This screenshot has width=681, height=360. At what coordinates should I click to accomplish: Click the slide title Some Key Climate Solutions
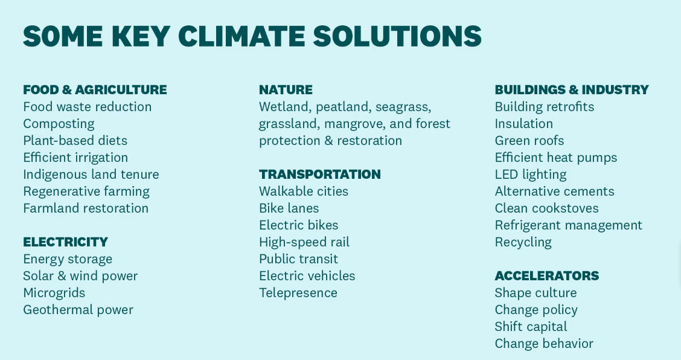click(252, 36)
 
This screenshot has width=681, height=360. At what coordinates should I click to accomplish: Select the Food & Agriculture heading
click(95, 89)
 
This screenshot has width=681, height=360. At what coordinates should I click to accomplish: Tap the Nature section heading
click(286, 89)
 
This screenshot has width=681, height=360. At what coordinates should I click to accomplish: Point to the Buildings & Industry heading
click(572, 89)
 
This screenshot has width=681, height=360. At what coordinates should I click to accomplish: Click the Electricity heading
click(66, 242)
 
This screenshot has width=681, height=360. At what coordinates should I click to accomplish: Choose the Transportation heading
click(319, 175)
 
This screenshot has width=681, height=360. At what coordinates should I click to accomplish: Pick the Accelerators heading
click(547, 275)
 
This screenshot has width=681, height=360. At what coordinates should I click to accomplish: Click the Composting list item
click(59, 124)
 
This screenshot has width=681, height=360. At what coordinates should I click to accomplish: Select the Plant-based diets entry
click(75, 140)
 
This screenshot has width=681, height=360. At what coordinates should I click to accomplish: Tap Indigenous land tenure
click(91, 175)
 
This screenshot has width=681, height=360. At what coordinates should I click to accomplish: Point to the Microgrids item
click(54, 293)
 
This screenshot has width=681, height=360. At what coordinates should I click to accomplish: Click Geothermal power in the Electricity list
click(78, 310)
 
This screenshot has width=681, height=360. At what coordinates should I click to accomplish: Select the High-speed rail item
click(304, 242)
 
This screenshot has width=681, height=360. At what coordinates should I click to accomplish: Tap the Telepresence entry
click(298, 293)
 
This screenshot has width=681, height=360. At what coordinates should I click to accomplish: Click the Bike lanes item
click(289, 208)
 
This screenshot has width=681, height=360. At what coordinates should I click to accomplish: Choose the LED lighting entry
click(531, 175)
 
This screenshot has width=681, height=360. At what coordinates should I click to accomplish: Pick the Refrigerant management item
click(569, 225)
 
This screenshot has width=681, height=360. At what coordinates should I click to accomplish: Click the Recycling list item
click(523, 242)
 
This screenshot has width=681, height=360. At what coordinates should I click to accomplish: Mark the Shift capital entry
click(531, 327)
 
